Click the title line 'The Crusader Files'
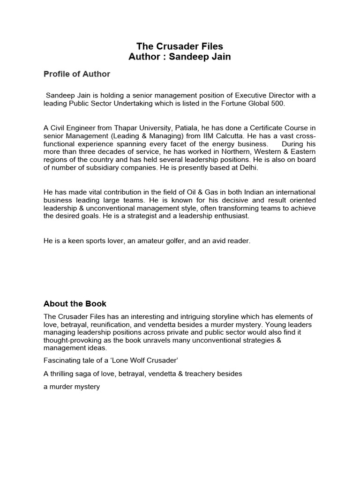(x=180, y=46)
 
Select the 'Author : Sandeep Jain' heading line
(x=180, y=57)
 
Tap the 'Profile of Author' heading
(x=77, y=74)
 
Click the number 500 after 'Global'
(x=277, y=104)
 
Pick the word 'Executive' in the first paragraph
(x=233, y=96)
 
